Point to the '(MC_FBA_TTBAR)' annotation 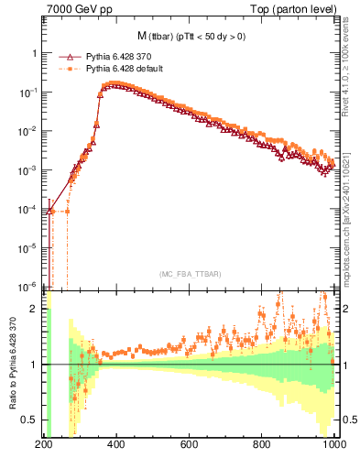point(190,275)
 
